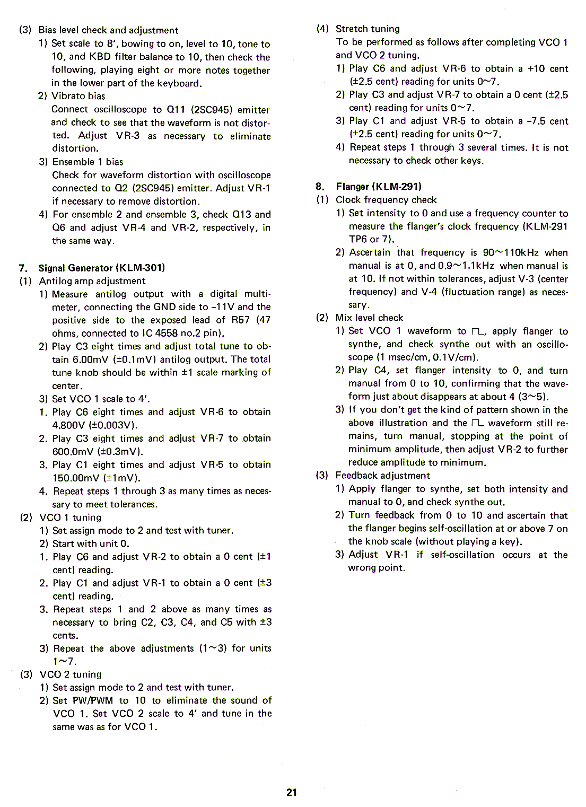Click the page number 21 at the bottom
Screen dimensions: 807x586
(292, 792)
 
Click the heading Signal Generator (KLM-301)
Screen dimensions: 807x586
(102, 268)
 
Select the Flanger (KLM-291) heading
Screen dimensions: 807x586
(379, 186)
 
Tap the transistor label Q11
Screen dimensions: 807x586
(176, 109)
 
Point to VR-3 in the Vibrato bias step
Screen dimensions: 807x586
(128, 135)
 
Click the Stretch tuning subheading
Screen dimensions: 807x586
(368, 29)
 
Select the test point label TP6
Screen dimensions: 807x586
(358, 239)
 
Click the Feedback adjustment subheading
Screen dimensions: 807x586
(382, 476)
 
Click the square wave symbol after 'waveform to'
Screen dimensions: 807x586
(477, 331)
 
